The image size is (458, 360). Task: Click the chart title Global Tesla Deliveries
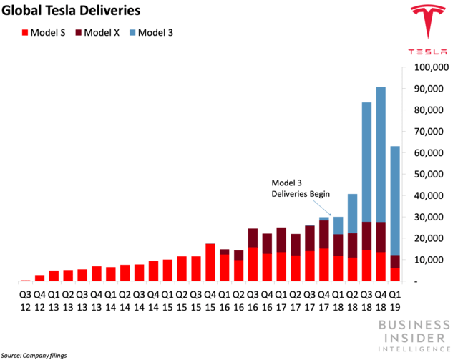[71, 11]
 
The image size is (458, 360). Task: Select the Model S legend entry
[44, 32]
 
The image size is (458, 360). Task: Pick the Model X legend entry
[97, 32]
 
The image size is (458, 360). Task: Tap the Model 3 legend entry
[151, 32]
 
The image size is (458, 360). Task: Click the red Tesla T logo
[428, 21]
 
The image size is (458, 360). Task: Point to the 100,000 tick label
[432, 67]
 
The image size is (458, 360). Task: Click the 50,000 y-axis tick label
[429, 174]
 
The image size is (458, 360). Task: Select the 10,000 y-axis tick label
[429, 260]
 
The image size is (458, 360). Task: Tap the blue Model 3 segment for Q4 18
[381, 155]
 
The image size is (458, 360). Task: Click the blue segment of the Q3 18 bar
[366, 162]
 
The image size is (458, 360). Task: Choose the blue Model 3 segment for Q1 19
[395, 200]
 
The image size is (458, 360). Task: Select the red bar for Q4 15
[210, 263]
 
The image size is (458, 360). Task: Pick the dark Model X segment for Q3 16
[253, 238]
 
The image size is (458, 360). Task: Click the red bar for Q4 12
[40, 278]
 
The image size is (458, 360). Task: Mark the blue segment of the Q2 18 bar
[353, 213]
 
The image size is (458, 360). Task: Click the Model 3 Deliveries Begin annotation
[301, 188]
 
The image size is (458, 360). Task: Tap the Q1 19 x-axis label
[395, 301]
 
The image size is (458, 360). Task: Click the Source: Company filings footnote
[34, 355]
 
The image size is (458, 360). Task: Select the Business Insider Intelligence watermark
[414, 336]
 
